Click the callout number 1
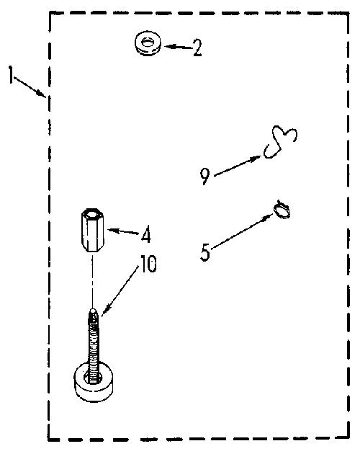(x=11, y=74)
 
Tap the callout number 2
(x=197, y=48)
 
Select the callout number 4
(x=146, y=234)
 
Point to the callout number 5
(x=205, y=252)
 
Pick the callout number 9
(x=205, y=177)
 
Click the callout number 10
(x=148, y=264)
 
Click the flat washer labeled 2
(x=148, y=44)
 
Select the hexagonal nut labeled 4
(x=93, y=230)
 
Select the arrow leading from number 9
(x=238, y=166)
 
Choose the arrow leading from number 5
(x=242, y=231)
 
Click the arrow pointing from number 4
(x=124, y=231)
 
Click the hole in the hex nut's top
(x=93, y=215)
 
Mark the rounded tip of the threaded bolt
(x=93, y=311)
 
